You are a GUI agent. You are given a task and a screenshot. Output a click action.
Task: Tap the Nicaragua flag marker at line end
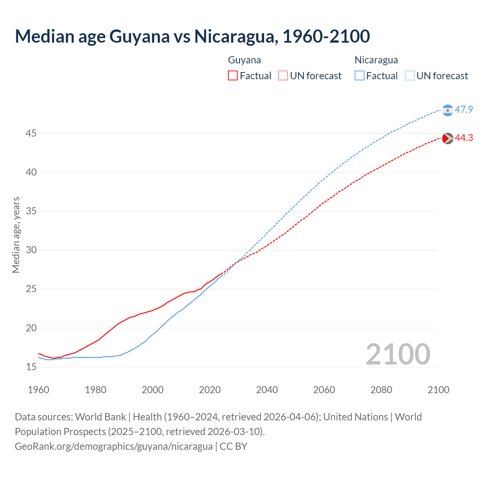(447, 110)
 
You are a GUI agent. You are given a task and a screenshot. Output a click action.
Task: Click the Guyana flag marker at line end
(447, 138)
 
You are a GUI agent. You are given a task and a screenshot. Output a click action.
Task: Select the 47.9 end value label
(464, 110)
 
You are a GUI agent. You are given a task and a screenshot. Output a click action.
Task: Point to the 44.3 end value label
(464, 138)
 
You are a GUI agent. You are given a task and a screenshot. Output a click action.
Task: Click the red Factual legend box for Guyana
(233, 76)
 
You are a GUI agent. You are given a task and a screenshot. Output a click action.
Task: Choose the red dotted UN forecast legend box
(283, 76)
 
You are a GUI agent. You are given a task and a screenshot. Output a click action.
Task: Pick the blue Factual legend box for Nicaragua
(360, 76)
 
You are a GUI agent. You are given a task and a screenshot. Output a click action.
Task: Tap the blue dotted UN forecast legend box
(410, 76)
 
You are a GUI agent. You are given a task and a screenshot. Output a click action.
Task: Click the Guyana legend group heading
(245, 60)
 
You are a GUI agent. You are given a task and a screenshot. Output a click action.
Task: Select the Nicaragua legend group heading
(376, 60)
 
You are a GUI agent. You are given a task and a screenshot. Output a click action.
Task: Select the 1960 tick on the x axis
(38, 390)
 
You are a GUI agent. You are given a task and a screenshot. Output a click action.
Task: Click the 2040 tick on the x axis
(267, 390)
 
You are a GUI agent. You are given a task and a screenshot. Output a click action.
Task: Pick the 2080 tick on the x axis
(381, 390)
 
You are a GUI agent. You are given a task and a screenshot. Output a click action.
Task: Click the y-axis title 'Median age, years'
(16, 235)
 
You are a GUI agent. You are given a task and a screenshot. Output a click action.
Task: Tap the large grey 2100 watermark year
(398, 354)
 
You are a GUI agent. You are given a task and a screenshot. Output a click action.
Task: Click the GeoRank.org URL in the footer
(114, 446)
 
